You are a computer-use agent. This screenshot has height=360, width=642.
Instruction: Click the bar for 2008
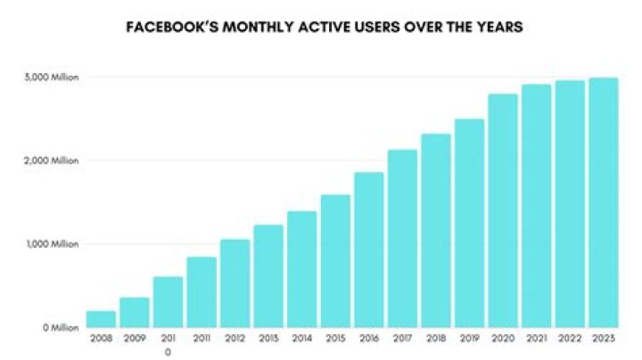click(x=101, y=319)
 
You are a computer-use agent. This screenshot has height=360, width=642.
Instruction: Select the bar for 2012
click(x=235, y=283)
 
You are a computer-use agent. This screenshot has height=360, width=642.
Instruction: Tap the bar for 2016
click(x=369, y=250)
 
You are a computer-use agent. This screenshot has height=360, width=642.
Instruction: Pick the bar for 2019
click(x=470, y=224)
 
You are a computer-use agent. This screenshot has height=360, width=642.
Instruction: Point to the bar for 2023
click(x=604, y=202)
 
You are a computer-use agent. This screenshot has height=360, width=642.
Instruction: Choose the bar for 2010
click(x=168, y=302)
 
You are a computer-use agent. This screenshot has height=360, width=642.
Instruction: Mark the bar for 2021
click(x=537, y=206)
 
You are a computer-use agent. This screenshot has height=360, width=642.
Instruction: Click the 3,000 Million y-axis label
click(x=52, y=78)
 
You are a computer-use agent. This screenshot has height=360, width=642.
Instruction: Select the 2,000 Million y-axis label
click(x=52, y=160)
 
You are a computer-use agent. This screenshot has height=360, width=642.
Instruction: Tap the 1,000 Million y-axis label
click(x=53, y=244)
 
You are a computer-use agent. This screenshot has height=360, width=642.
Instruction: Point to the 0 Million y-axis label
click(x=61, y=327)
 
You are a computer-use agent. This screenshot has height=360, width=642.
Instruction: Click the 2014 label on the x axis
click(x=301, y=339)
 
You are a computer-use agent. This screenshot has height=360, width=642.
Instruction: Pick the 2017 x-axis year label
click(x=402, y=339)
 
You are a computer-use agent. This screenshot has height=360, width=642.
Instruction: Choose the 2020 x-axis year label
click(x=503, y=339)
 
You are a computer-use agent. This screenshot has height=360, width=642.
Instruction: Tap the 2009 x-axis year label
click(x=135, y=339)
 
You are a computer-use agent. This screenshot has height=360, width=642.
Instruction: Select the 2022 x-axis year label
click(x=570, y=339)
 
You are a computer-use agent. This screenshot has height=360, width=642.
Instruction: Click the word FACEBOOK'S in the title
click(x=172, y=27)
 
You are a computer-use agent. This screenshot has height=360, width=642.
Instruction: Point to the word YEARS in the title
click(x=499, y=27)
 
